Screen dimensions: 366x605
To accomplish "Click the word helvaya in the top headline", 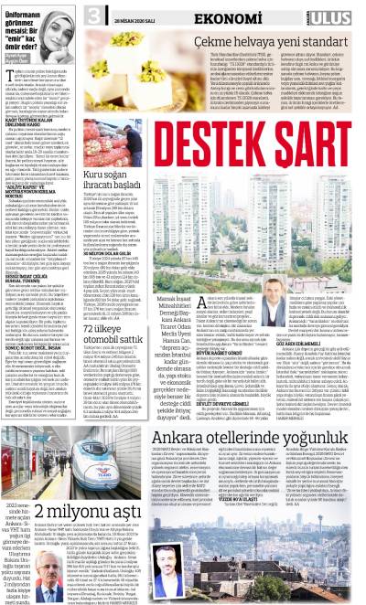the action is (x=247, y=43).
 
